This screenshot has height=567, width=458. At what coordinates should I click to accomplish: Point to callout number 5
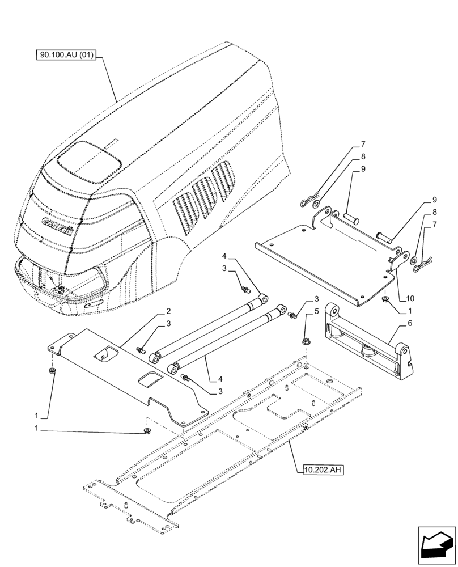coord(316,311)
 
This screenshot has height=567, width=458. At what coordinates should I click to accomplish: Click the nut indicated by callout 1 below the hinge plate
coord(385,299)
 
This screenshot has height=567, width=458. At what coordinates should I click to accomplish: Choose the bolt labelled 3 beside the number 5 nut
coord(293,314)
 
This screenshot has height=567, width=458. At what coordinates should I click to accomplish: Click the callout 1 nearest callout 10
coord(408,311)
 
